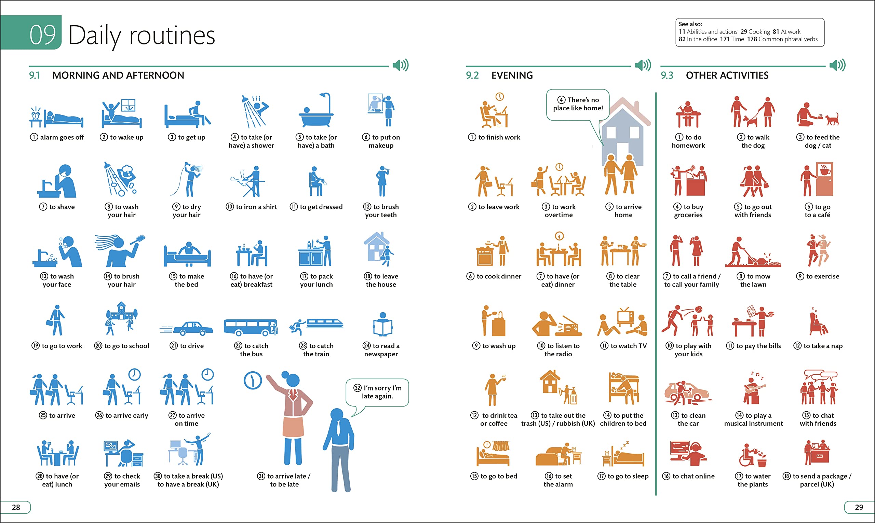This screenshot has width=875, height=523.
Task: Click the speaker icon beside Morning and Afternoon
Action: coord(401,65)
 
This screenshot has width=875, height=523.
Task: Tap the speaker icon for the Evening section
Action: coord(643,65)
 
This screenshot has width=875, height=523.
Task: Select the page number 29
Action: coord(859,507)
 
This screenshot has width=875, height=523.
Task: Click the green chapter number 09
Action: coord(42,35)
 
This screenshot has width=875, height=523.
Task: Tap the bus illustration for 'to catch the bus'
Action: coord(251,327)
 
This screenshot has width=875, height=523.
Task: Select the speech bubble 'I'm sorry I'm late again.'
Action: coord(377,392)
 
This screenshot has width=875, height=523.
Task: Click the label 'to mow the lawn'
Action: coord(753,280)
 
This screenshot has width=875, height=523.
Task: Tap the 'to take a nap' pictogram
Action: coord(818,321)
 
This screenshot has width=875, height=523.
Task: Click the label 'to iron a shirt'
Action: coord(251,207)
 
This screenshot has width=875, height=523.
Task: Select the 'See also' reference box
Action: coord(750,32)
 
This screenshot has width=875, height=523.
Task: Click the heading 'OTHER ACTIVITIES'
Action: coord(727,75)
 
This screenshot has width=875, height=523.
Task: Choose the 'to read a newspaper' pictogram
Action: coord(382,324)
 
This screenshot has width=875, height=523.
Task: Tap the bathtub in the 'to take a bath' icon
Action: coord(316,119)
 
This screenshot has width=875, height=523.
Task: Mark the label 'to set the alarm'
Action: coord(558,480)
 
